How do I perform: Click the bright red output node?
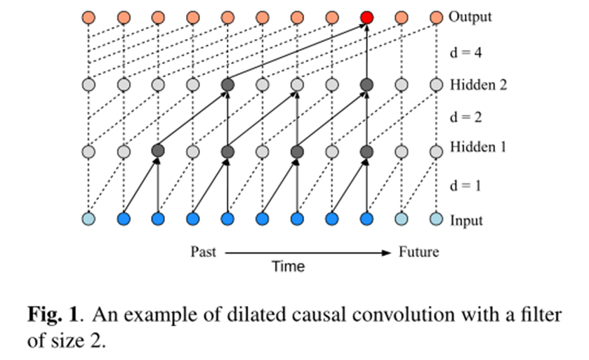pyautogui.click(x=366, y=17)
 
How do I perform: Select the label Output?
pyautogui.click(x=470, y=17)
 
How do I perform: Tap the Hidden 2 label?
pyautogui.click(x=477, y=86)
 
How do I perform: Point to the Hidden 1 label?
pyautogui.click(x=477, y=148)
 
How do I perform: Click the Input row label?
pyautogui.click(x=465, y=220)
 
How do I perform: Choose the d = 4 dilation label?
pyautogui.click(x=464, y=52)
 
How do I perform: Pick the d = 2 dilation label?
pyautogui.click(x=464, y=117)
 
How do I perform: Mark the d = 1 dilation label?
pyautogui.click(x=464, y=185)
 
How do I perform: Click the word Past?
pyautogui.click(x=204, y=251)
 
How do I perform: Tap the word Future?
pyautogui.click(x=418, y=251)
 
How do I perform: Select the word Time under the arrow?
pyautogui.click(x=289, y=267)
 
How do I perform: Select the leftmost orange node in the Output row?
pyautogui.click(x=88, y=17)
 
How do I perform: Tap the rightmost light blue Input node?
pyautogui.click(x=436, y=220)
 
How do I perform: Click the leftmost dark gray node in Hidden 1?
pyautogui.click(x=157, y=151)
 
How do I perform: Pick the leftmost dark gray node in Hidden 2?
pyautogui.click(x=227, y=86)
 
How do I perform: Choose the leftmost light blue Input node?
pyautogui.click(x=88, y=220)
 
